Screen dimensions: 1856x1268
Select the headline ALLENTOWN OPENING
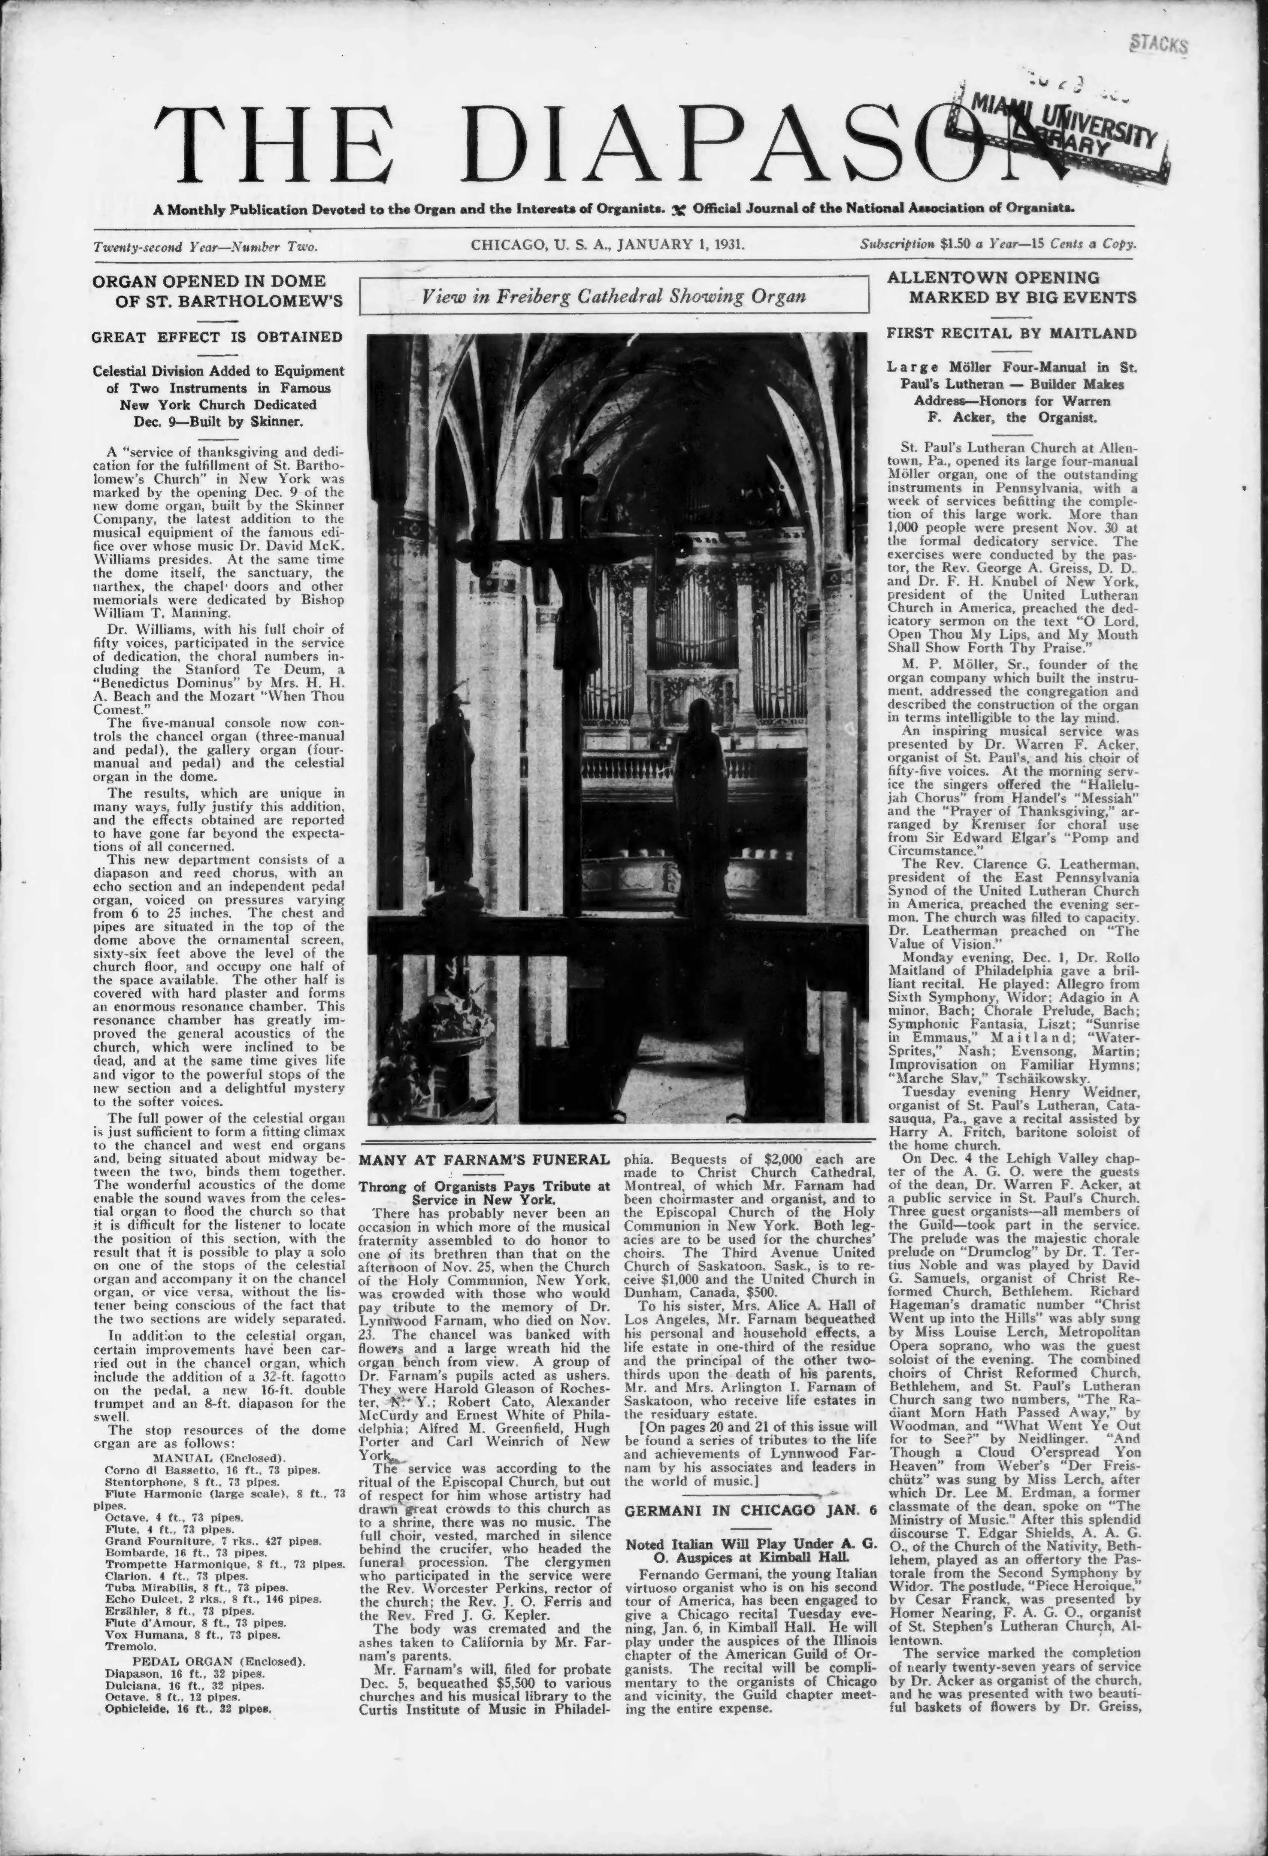coord(993,278)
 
